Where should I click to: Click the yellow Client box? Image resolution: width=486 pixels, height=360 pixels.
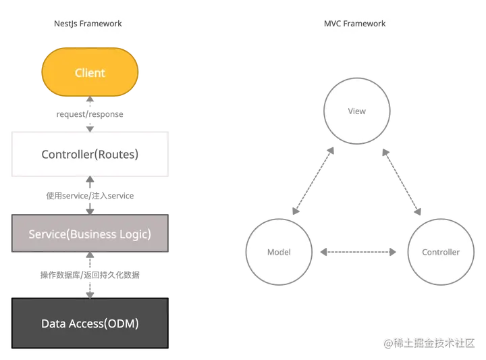pos(90,72)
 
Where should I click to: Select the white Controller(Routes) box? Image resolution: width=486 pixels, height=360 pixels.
pos(90,154)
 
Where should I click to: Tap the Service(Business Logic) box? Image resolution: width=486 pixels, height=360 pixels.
pos(90,234)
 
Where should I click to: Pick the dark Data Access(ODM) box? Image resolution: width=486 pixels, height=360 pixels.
pos(90,323)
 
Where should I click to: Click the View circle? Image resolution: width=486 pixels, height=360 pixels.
pos(356,111)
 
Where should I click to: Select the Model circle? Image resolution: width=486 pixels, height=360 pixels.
pos(278,252)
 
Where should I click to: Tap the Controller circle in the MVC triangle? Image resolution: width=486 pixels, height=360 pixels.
pos(440,252)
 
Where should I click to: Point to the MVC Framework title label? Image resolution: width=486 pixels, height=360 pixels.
pos(355,24)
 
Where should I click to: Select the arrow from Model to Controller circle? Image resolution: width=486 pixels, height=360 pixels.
pos(358,253)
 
